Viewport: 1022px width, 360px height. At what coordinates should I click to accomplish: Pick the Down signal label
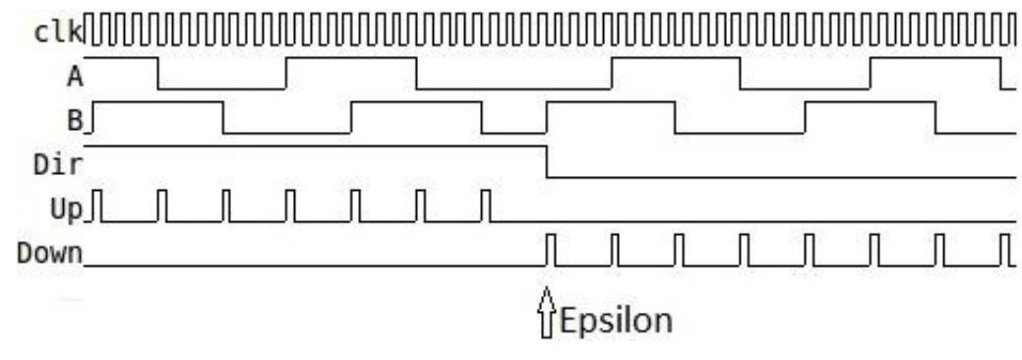tap(49, 253)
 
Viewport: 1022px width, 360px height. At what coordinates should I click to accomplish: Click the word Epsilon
tap(616, 321)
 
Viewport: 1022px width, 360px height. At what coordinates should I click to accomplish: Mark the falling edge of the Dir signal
tap(546, 161)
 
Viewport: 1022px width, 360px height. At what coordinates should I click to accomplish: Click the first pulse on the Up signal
tap(98, 206)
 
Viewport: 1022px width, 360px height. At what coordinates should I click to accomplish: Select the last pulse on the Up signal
tap(485, 206)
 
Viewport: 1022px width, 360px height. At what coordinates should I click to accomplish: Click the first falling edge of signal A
tap(158, 74)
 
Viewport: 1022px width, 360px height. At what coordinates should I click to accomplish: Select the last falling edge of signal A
tap(1000, 74)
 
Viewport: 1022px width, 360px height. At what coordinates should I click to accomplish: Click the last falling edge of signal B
tap(935, 118)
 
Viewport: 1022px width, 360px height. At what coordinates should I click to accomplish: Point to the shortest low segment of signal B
tap(513, 133)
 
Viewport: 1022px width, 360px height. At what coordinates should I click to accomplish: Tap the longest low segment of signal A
tap(513, 89)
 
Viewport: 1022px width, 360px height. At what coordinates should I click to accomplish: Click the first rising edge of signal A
tap(286, 74)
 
